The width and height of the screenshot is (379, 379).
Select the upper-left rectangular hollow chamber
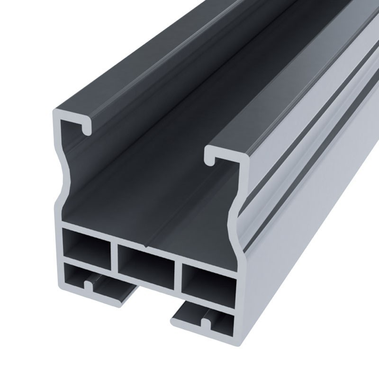click(86, 244)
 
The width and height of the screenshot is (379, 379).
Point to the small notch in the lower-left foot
click(88, 286)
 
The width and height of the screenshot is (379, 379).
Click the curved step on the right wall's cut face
click(235, 223)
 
